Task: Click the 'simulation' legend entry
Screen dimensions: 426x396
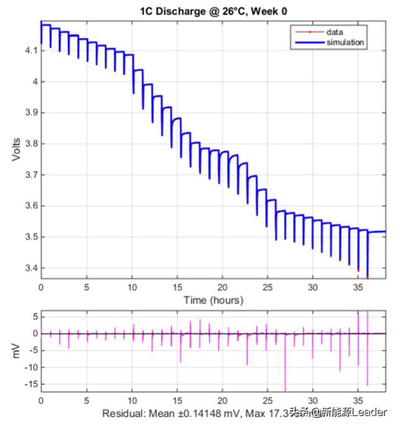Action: click(x=345, y=42)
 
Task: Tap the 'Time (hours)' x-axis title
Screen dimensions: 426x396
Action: click(x=213, y=300)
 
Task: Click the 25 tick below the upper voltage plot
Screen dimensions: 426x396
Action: click(x=267, y=288)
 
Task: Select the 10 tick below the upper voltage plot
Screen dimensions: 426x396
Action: click(x=132, y=288)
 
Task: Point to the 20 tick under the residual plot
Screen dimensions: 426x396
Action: click(x=222, y=400)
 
